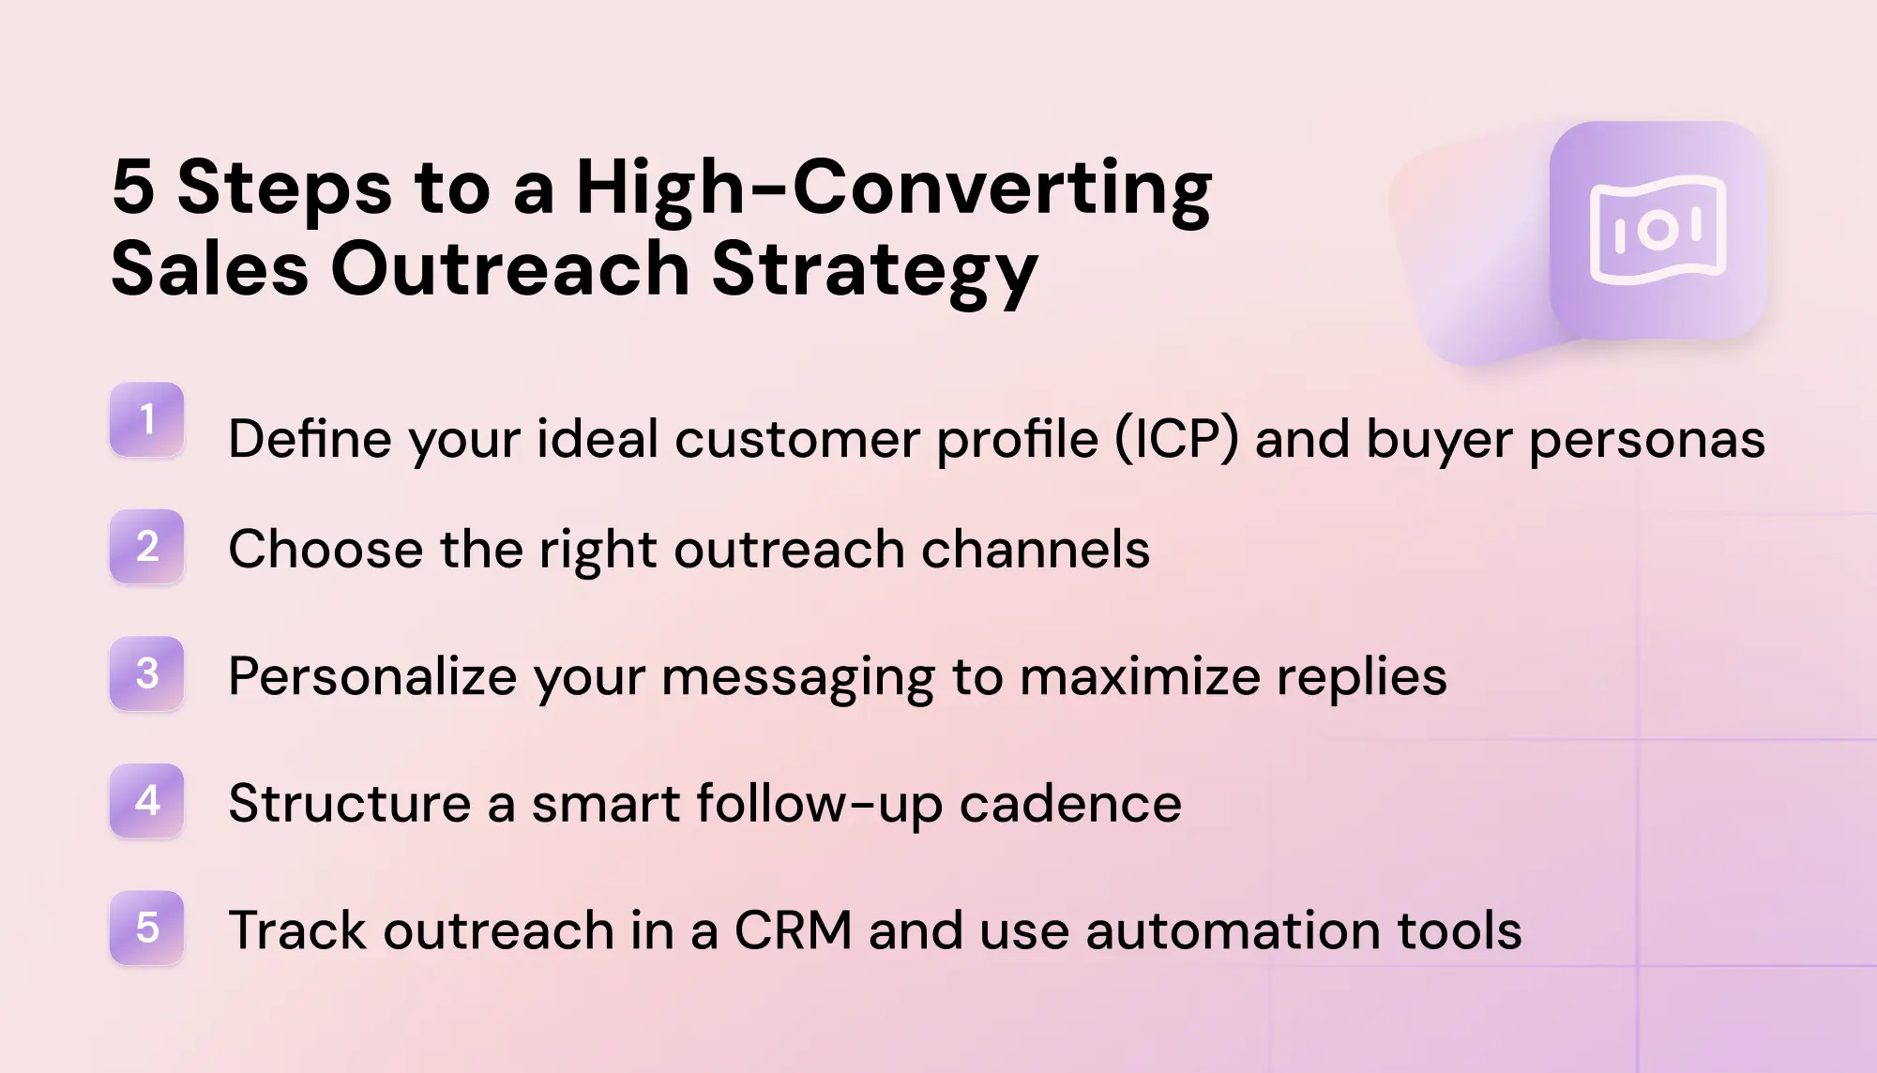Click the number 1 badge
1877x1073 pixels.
coord(147,419)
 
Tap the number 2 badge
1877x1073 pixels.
coord(147,547)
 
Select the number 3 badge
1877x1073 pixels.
coord(147,673)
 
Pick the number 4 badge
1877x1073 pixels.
coord(147,801)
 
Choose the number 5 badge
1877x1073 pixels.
coord(147,928)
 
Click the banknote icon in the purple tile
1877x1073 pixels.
coord(1658,231)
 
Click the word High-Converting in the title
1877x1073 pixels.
coord(894,191)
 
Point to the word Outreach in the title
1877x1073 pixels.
coord(511,269)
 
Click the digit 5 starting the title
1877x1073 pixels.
coord(133,188)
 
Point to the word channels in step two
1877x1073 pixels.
coord(1036,549)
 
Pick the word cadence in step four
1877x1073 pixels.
coord(1070,804)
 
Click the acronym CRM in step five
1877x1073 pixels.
coord(794,930)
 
